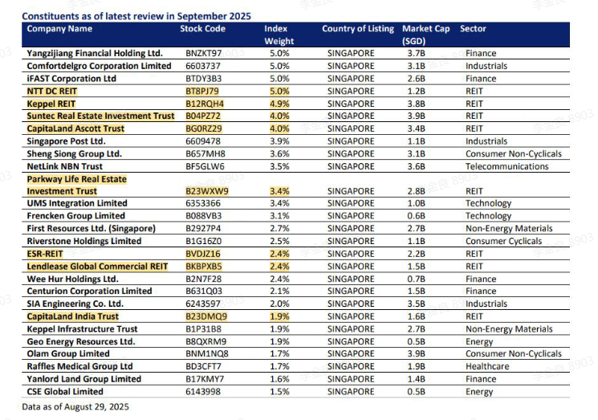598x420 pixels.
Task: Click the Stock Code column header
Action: (x=203, y=29)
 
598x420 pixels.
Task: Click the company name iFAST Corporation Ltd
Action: (x=71, y=79)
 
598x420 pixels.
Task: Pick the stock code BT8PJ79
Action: (x=201, y=92)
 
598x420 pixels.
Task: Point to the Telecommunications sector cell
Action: (x=512, y=166)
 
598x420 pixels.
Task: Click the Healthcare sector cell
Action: (x=489, y=366)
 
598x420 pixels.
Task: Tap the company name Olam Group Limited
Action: (x=68, y=354)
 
